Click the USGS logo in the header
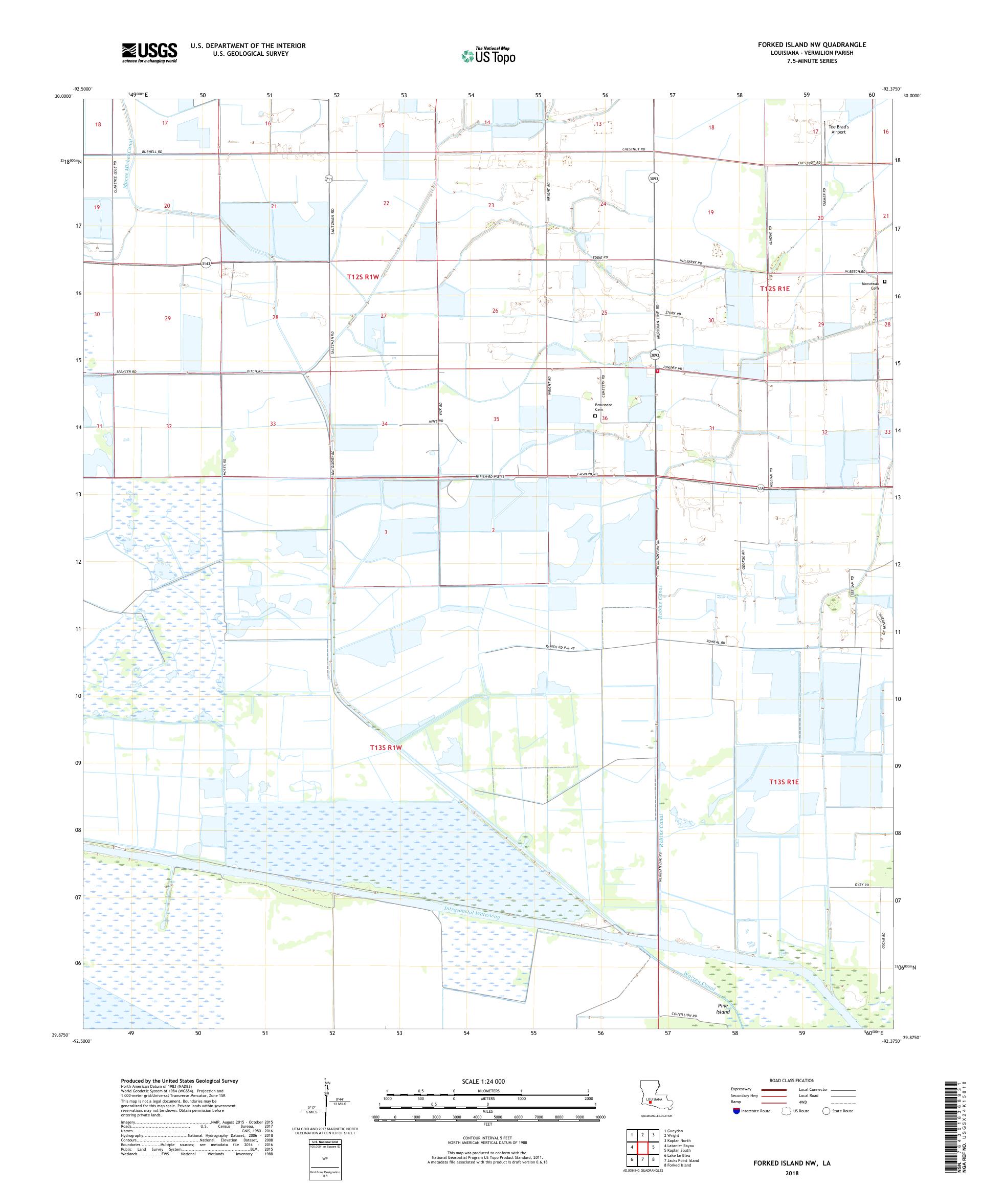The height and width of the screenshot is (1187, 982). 149,53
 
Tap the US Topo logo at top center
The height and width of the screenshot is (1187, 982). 489,55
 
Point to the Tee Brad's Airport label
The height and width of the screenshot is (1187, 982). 838,129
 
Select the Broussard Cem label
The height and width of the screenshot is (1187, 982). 603,407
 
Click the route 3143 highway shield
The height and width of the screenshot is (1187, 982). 206,264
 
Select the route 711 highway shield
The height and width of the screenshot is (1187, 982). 329,179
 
